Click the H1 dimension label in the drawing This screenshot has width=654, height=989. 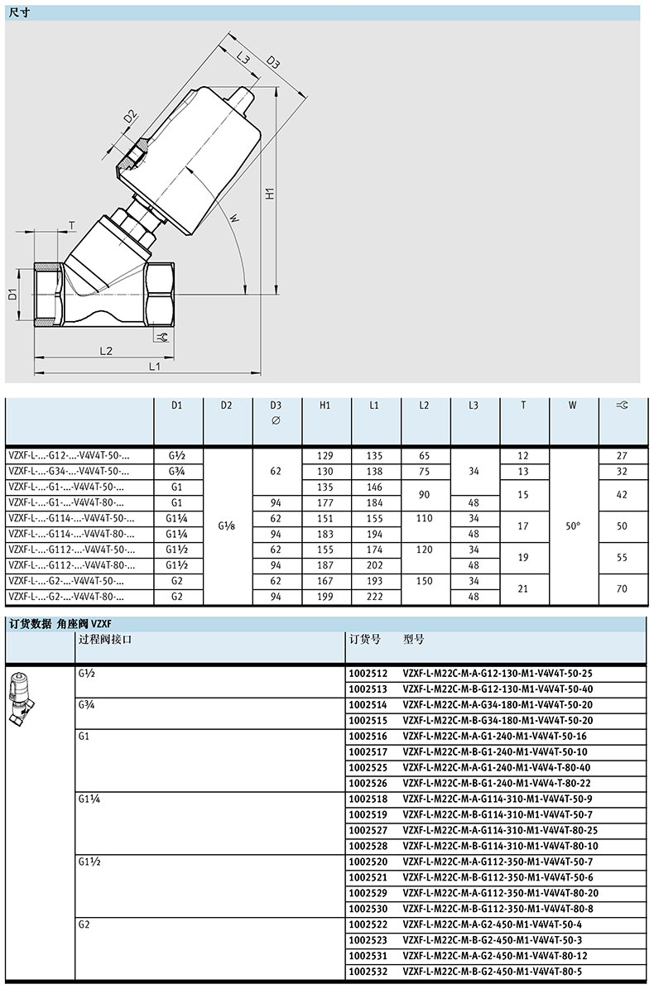[269, 194]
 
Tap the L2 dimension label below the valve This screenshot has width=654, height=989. [105, 351]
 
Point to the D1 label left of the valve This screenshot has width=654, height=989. [12, 293]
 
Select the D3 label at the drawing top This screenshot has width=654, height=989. [272, 62]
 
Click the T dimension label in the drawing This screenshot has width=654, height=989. [72, 225]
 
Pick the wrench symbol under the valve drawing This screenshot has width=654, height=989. [161, 337]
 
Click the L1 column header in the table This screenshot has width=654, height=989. [374, 406]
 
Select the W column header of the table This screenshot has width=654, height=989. [573, 406]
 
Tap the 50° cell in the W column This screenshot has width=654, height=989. [573, 526]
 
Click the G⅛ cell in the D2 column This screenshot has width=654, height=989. [226, 526]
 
